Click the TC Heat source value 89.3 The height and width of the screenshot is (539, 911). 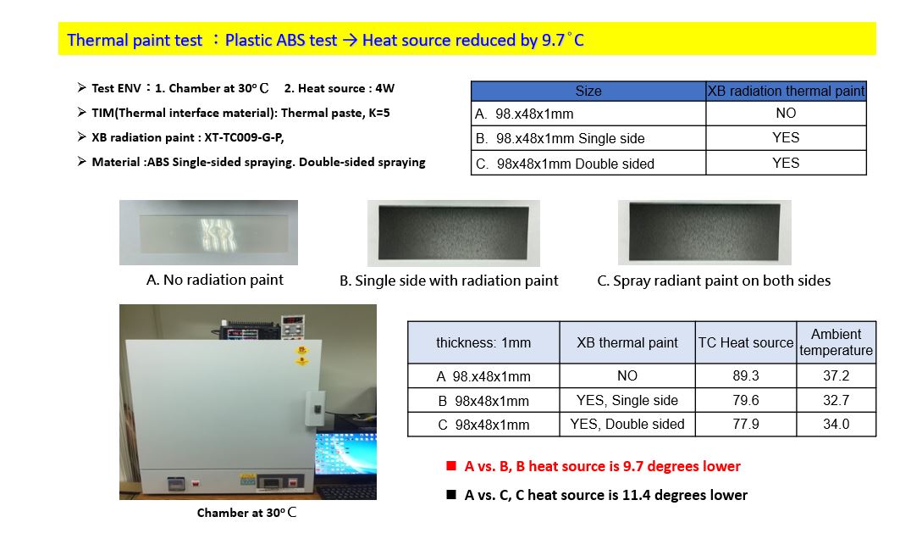745,375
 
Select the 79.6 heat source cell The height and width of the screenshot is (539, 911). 745,400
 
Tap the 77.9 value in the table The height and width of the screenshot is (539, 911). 745,424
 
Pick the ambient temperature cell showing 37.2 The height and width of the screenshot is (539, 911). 836,375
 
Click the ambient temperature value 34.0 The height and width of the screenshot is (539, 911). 836,424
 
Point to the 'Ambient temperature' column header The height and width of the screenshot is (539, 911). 836,342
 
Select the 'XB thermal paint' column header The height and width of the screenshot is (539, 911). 627,342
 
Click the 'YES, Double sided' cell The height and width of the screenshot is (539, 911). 627,424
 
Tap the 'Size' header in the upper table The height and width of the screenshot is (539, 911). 588,92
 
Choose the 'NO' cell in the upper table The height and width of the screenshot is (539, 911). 786,114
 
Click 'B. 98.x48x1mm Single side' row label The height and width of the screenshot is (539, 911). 560,138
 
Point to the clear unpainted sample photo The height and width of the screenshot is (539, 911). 208,232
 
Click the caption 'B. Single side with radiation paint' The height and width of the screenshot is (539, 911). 449,281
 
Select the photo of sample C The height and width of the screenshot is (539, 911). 704,232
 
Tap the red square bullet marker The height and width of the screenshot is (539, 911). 451,466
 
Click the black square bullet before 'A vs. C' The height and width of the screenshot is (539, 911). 451,495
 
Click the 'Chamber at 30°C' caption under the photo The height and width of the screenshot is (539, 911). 247,513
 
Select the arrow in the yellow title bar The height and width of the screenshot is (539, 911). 349,40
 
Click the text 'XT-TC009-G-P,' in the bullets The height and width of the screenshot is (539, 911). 244,137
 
